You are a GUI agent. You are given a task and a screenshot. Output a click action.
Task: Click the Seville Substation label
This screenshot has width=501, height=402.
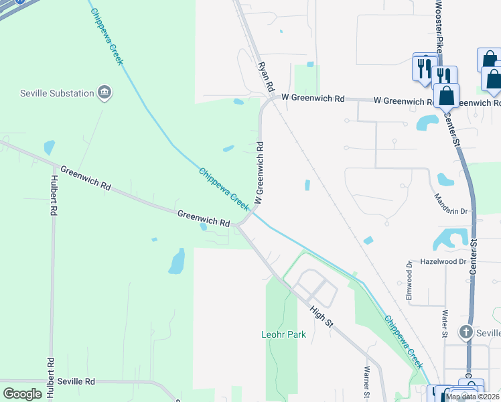[x=56, y=93]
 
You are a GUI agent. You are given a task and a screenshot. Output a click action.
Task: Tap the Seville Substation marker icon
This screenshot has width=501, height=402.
[x=104, y=92]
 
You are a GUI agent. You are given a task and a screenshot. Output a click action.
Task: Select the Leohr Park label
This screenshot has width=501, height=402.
[x=283, y=334]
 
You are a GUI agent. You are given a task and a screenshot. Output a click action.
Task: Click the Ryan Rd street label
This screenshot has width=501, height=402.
[x=266, y=77]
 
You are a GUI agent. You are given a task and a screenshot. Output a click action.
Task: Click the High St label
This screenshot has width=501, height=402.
[x=321, y=315]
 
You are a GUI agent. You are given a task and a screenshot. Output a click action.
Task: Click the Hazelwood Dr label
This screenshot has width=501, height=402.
[x=443, y=262]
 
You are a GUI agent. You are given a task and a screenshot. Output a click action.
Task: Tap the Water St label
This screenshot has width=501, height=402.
[x=444, y=322]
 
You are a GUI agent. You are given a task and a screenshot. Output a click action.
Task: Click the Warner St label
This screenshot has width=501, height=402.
[x=367, y=381]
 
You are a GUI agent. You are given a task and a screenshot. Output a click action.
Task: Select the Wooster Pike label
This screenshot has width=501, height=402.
[x=439, y=27]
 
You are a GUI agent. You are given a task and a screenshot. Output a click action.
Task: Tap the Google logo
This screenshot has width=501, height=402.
[x=23, y=394]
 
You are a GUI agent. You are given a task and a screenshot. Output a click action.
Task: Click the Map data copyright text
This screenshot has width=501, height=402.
[x=473, y=397]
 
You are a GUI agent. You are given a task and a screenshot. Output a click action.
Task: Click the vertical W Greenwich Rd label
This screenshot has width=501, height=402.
[x=259, y=172]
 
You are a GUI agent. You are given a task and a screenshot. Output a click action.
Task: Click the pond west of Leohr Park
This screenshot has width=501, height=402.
[x=177, y=261]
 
